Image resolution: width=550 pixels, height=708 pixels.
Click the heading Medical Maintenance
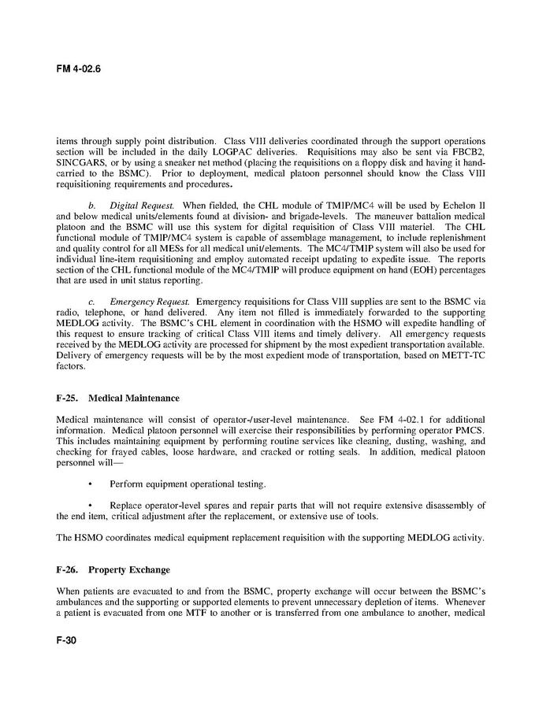pyautogui.click(x=134, y=398)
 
